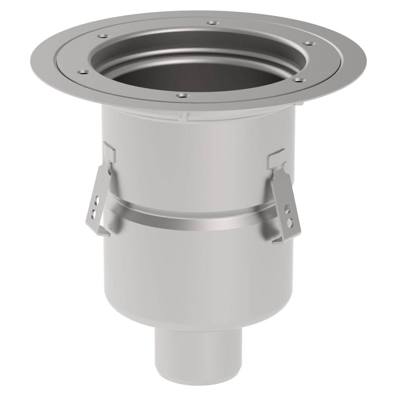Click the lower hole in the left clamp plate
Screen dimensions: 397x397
pos(94,214)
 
